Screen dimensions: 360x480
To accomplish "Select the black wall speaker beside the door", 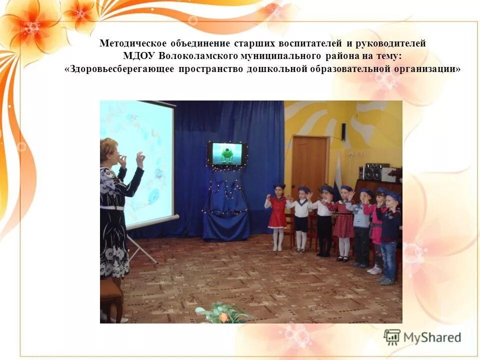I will tap(343, 132).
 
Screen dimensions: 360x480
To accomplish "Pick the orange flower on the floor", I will tap(223, 317).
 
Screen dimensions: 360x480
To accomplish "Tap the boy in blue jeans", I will tap(389, 235).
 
